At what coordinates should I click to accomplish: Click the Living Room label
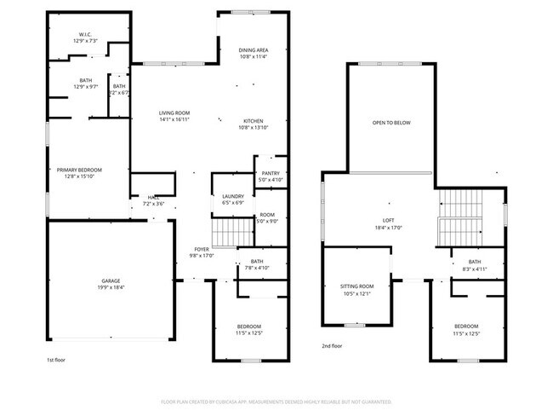click(174, 113)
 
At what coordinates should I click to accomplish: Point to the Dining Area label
click(254, 50)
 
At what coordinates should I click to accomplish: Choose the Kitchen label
click(254, 120)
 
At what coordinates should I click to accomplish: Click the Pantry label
click(271, 173)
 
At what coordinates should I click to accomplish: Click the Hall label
click(154, 198)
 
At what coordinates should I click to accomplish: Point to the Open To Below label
click(391, 123)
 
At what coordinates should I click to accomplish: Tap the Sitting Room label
click(357, 286)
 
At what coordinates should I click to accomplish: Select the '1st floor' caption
click(57, 361)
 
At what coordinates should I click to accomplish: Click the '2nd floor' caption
click(333, 346)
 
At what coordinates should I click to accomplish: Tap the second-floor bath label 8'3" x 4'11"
click(474, 269)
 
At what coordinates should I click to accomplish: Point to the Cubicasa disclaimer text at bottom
click(276, 401)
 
